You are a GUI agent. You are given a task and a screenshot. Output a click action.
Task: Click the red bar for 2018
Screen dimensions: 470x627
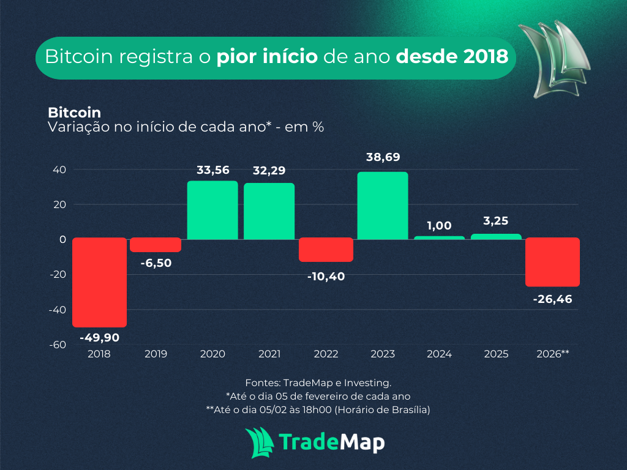[x=99, y=282]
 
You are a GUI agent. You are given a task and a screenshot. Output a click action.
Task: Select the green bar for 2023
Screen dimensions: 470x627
[x=383, y=206]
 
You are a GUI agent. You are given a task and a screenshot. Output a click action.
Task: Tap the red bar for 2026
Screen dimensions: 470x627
[x=553, y=262]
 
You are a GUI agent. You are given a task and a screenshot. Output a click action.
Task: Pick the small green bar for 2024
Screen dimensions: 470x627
[x=440, y=237]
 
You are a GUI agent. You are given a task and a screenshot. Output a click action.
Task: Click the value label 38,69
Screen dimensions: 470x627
[x=383, y=157]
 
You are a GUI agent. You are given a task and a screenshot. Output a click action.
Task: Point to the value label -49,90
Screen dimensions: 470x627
[x=99, y=337]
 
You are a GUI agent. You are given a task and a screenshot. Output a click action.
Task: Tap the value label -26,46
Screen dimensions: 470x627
[x=553, y=299]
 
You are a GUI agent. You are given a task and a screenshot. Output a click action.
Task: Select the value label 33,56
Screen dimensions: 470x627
[x=212, y=170]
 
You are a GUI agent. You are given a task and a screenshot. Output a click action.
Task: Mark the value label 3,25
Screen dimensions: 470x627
[x=496, y=221]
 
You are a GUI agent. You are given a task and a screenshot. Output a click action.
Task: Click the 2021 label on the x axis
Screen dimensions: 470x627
[x=269, y=354]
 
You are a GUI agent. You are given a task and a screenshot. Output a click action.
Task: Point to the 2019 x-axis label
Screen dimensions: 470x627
[x=156, y=354]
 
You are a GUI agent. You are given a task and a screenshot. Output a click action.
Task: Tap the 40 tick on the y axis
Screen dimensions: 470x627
[x=59, y=170]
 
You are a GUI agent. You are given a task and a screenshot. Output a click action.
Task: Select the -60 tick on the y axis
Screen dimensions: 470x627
[x=57, y=345]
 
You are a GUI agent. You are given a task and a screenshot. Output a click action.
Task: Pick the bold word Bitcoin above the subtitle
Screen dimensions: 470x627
[x=74, y=113]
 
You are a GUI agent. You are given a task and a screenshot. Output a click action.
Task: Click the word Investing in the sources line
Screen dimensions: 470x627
[x=368, y=382]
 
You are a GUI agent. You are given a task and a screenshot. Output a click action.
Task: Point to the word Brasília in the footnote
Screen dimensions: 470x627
[x=408, y=410]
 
